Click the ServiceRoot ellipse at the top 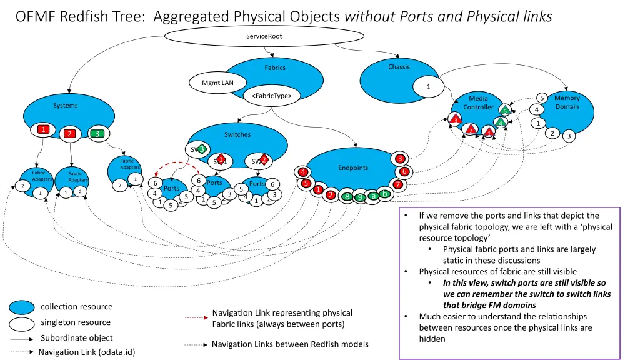(x=264, y=36)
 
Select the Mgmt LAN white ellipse (x=213, y=82)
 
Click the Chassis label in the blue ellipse (x=399, y=67)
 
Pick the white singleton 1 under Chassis (x=428, y=87)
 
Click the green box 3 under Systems (x=96, y=133)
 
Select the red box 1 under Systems (x=43, y=129)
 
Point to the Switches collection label (x=237, y=134)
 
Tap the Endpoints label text (x=353, y=167)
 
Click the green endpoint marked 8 (x=347, y=196)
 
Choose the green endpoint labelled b (x=386, y=194)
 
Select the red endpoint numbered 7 (x=397, y=184)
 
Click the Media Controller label (x=478, y=102)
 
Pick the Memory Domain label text (x=567, y=102)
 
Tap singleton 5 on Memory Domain (x=542, y=97)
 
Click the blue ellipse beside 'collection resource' (x=21, y=307)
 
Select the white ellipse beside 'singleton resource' (x=21, y=323)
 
